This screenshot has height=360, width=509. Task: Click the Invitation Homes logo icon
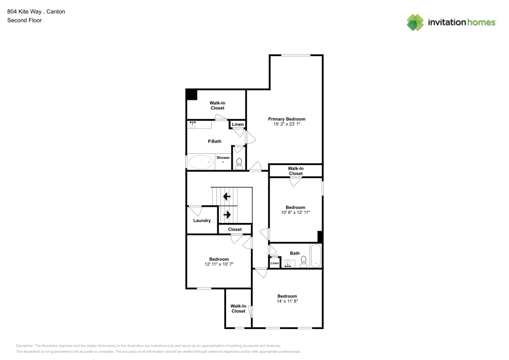(415, 22)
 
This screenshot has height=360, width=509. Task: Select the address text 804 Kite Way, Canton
(36, 11)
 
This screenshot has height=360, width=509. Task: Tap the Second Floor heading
(24, 20)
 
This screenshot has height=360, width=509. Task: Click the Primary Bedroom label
(287, 119)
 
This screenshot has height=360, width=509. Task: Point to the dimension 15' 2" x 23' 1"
(287, 124)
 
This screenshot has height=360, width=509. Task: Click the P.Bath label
(214, 142)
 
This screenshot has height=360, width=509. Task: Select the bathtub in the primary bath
(201, 162)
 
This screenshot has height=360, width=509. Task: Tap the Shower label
(223, 158)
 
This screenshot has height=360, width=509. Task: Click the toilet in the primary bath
(239, 162)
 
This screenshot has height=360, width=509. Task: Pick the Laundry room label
(202, 220)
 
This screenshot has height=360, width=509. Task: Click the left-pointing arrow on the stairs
(227, 196)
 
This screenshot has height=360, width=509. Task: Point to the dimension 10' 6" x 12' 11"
(295, 213)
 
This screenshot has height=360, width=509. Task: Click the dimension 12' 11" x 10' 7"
(219, 264)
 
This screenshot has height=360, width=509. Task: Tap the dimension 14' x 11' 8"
(287, 301)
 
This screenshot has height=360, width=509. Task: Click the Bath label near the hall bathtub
(295, 253)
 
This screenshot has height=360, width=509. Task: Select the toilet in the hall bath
(304, 262)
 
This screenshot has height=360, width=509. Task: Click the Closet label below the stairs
(235, 230)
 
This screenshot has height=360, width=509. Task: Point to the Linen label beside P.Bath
(238, 125)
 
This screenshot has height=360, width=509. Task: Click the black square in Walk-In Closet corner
(191, 94)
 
